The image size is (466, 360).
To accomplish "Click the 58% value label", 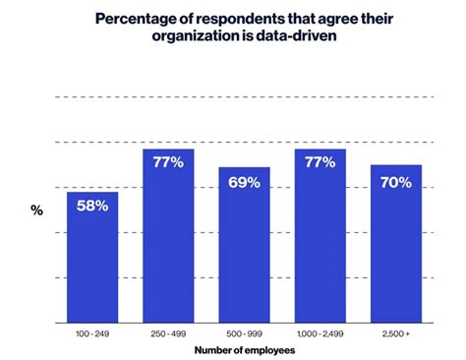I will (x=92, y=207).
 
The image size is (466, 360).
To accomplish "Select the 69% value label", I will (x=244, y=182).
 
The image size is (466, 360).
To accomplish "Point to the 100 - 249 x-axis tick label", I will (x=92, y=335).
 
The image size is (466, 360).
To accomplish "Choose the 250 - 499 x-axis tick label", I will (x=168, y=335).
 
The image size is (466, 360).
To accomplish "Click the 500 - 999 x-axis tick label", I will (x=244, y=335).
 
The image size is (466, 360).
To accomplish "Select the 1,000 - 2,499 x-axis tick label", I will (x=320, y=335).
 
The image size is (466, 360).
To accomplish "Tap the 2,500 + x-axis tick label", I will (x=396, y=335).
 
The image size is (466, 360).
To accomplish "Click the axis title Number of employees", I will (x=244, y=350).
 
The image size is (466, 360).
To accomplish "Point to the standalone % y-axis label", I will (x=36, y=210).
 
